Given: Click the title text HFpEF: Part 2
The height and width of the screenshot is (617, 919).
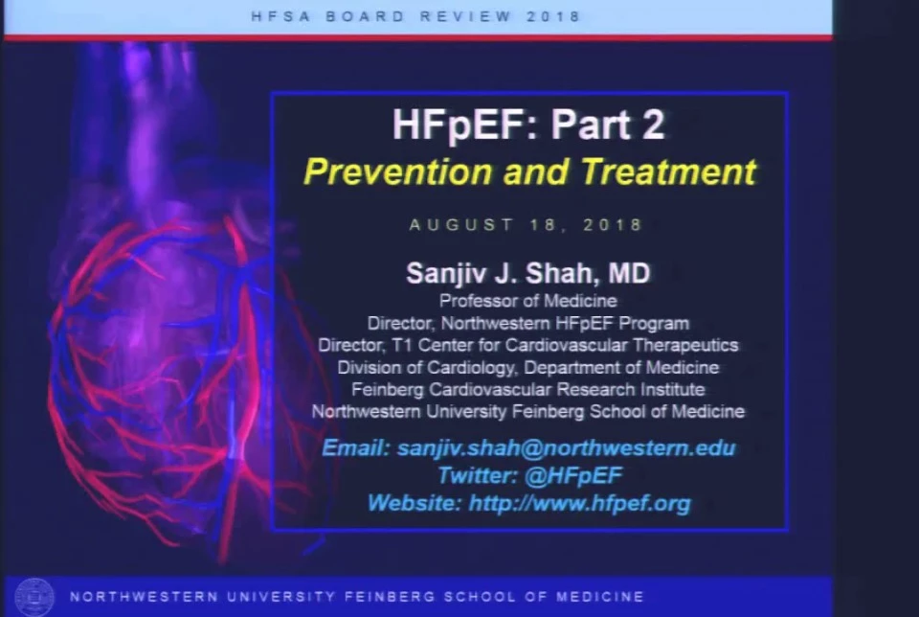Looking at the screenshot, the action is point(528,125).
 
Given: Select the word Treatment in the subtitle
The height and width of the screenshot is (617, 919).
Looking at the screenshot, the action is point(668,171).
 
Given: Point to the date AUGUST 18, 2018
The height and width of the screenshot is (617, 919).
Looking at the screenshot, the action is point(526,225).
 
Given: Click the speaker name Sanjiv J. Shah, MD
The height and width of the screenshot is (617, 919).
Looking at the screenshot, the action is point(528,273).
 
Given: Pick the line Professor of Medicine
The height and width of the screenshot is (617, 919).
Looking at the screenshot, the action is point(528,301).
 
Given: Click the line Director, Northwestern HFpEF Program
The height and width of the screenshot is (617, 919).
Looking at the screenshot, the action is point(528,323).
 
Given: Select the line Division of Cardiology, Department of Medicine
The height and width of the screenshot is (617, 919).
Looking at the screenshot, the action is point(528,367).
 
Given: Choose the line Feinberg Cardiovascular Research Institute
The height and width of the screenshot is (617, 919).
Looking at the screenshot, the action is point(528,389).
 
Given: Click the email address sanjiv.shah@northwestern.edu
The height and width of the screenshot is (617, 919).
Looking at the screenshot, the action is point(566,448).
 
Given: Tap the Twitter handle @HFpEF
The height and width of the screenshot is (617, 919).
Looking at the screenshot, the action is point(573,475).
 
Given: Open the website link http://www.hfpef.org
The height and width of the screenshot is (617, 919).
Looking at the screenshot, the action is point(580,503).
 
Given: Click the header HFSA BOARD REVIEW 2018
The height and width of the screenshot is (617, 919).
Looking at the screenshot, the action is point(416,16).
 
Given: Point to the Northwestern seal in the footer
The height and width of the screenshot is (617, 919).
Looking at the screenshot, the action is point(34,597).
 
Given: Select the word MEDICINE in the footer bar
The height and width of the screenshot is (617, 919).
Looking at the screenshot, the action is point(599,597).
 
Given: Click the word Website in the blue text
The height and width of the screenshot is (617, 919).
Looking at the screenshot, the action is point(415,503).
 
